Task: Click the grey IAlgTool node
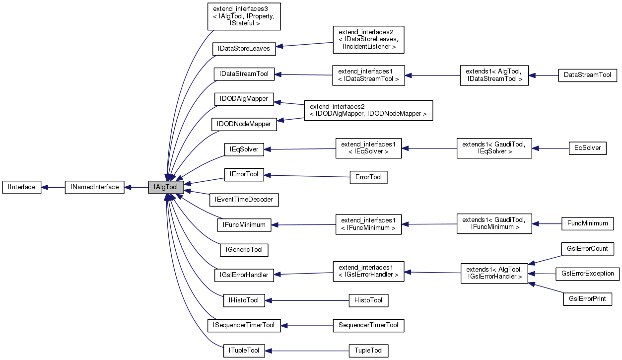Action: pos(166,187)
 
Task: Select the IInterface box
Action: pos(22,187)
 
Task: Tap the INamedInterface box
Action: pos(94,187)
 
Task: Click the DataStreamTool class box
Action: pos(587,75)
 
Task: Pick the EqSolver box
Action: pos(587,148)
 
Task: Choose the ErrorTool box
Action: pos(368,177)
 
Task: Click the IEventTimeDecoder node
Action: pos(244,200)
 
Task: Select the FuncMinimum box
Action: pos(587,223)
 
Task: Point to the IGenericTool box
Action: pos(244,249)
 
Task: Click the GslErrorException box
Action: pos(587,274)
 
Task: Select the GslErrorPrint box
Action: pos(587,299)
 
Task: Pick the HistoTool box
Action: pos(368,300)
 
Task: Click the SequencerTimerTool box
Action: pos(368,325)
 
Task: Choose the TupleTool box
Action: pos(368,351)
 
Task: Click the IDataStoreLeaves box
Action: pos(244,49)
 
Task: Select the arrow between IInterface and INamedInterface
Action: pos(53,187)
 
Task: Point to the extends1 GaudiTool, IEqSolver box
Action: pos(494,148)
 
